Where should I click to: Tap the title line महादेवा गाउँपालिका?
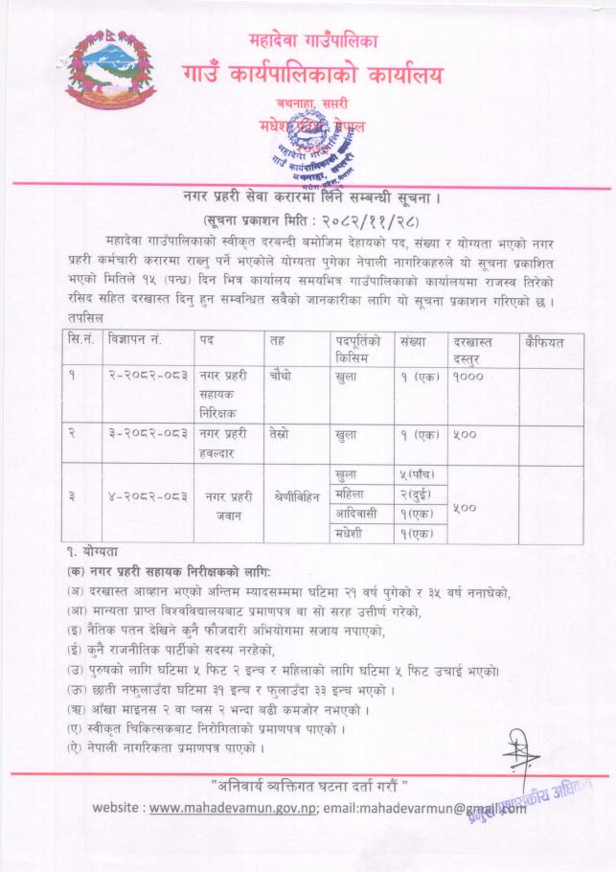308,42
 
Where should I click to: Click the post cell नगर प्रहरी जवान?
227,504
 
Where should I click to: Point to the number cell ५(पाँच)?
416,473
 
